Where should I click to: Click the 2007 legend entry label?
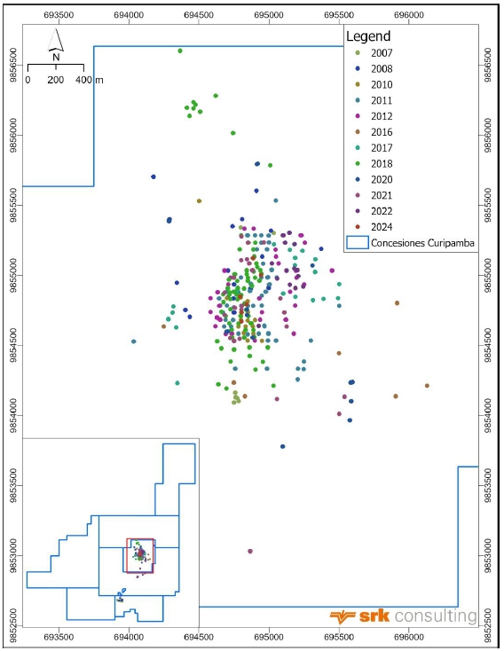point(382,53)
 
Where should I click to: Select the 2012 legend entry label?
point(382,116)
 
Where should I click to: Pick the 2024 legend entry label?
point(382,227)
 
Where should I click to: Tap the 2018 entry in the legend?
point(382,164)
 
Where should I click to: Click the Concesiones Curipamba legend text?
point(422,243)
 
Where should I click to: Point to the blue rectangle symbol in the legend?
point(358,242)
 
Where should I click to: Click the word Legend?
point(368,36)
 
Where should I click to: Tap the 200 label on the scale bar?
point(55,80)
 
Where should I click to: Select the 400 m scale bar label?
point(90,80)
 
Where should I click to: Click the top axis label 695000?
point(269,15)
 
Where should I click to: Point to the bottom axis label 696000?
point(409,638)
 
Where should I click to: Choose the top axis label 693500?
point(59,15)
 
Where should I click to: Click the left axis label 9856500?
point(13,65)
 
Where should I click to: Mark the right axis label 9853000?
point(488,556)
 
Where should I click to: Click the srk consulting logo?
point(403,616)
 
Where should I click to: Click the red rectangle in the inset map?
point(140,556)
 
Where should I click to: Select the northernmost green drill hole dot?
point(180,51)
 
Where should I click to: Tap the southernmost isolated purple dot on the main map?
point(250,552)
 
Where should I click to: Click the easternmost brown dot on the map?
point(427,386)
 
